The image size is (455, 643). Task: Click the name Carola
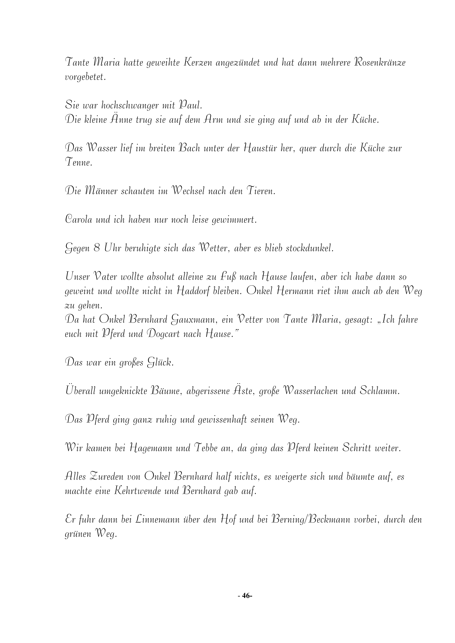[79, 220]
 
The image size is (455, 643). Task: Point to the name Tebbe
[205, 449]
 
